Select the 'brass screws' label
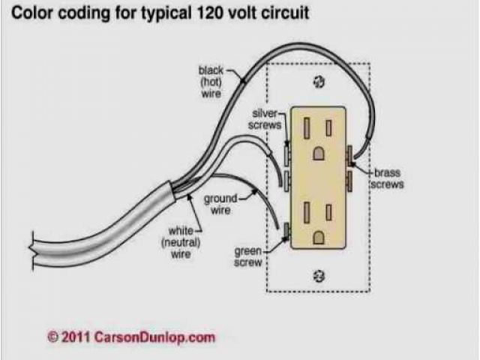tap(388, 178)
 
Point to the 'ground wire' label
tap(220, 203)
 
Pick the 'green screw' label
tap(247, 256)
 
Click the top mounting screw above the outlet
tap(319, 81)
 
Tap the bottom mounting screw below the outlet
tap(319, 277)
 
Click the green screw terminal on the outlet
tap(287, 232)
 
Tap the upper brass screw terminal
tap(349, 153)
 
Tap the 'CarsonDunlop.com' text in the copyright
tap(154, 337)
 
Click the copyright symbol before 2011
tap(52, 337)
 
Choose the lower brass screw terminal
tap(349, 181)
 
